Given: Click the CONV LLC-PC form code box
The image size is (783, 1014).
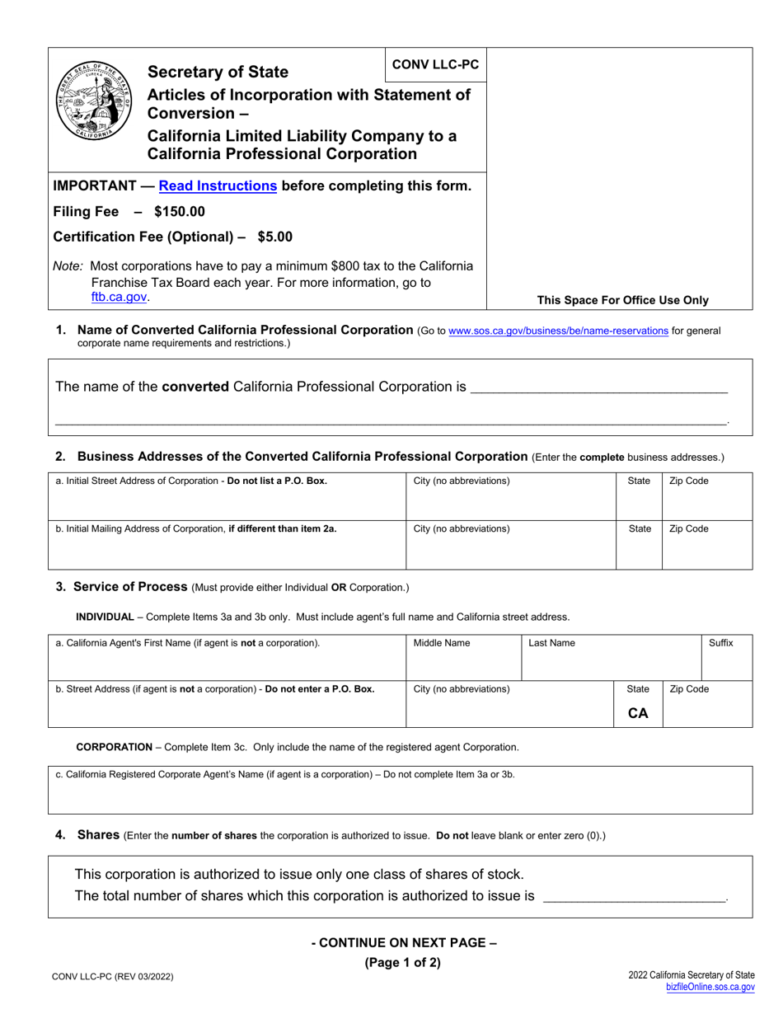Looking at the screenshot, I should [x=435, y=64].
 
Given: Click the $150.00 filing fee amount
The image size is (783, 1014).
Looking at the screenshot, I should [x=180, y=211].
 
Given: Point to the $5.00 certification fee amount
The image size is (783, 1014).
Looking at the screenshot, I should [x=274, y=237].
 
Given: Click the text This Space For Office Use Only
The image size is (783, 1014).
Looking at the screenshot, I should [x=622, y=300].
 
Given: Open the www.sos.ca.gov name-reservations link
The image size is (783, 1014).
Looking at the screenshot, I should [x=558, y=331].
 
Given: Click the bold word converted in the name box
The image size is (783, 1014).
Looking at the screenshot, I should [x=195, y=386].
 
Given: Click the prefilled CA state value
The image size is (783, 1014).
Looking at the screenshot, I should [x=638, y=713].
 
